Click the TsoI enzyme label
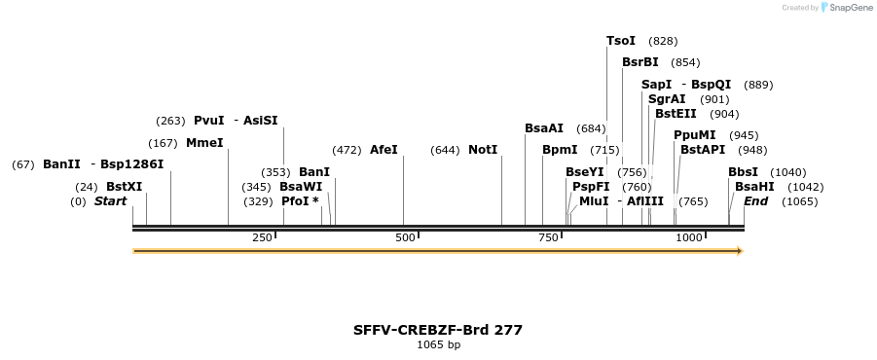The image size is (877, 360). tap(621, 41)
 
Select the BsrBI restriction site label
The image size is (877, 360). tap(640, 62)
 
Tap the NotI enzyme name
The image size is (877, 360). tap(483, 150)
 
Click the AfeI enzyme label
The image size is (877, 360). tap(384, 150)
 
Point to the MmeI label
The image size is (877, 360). tap(204, 143)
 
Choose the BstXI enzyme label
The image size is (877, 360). tap(124, 187)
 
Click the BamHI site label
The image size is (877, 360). tap(754, 187)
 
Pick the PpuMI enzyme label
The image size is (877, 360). tap(695, 135)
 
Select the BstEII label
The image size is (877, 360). tap(676, 114)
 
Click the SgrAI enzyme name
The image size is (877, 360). tap(668, 99)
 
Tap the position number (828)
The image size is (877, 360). tap(663, 41)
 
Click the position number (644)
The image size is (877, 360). tap(445, 150)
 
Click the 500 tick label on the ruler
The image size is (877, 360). tap(405, 237)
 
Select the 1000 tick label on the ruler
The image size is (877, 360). tap(689, 237)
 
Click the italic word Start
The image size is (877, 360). tap(110, 201)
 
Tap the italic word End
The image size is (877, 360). tap(756, 201)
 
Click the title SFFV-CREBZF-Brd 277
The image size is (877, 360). tap(438, 330)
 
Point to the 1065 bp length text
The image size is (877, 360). tap(438, 344)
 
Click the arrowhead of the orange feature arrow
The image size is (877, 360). tap(740, 251)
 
